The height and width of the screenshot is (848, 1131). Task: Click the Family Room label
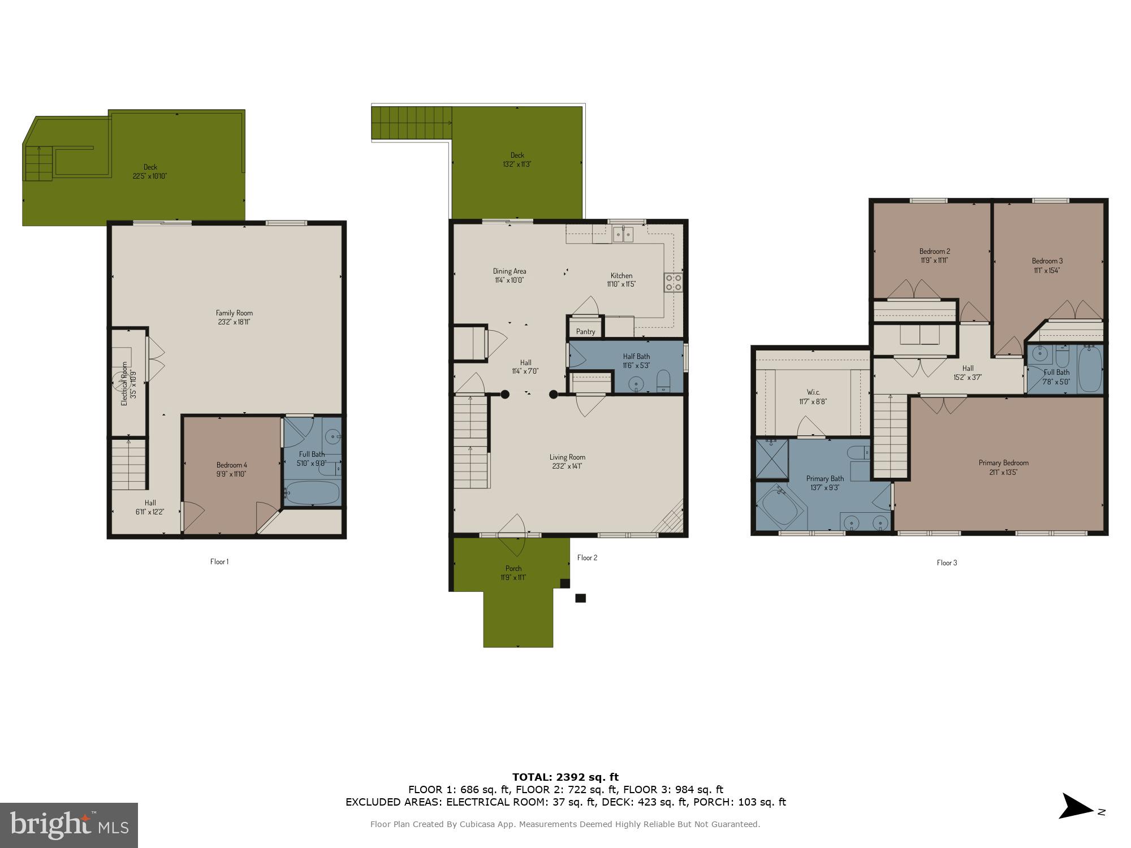234,313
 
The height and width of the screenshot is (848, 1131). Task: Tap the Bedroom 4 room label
231,465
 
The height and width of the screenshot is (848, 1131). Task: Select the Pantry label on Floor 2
585,331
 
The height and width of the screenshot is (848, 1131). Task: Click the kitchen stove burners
673,282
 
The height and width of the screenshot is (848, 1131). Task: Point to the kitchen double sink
624,233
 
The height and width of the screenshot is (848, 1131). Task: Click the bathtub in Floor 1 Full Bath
312,493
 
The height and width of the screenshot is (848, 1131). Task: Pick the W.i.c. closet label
813,392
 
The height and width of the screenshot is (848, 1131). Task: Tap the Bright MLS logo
69,825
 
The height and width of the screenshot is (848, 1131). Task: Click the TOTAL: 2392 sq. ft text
565,777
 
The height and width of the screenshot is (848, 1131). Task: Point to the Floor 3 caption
947,563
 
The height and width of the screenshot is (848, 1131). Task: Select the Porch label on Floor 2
513,568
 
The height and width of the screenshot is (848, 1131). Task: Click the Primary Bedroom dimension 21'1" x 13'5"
1003,472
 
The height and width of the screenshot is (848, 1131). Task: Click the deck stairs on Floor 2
411,123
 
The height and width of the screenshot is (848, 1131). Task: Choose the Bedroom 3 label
1047,261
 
